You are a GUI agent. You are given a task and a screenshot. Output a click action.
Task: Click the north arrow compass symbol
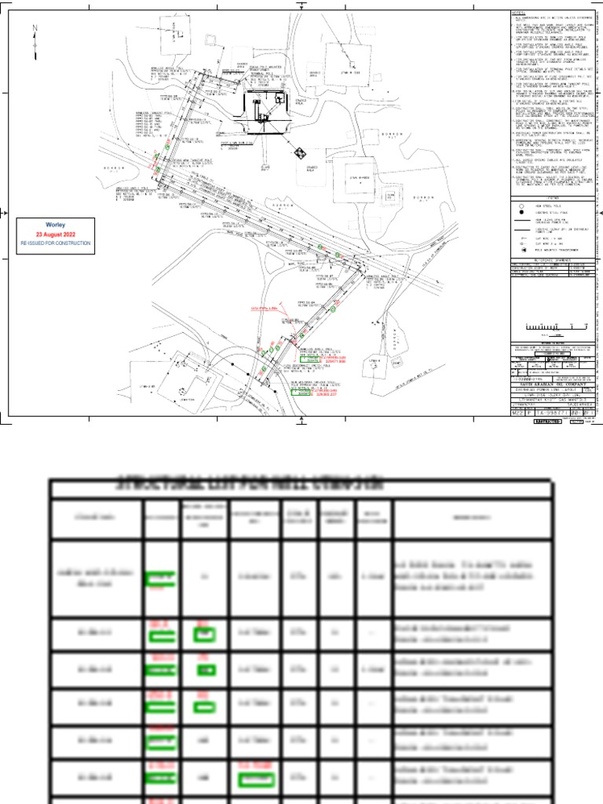pos(35,41)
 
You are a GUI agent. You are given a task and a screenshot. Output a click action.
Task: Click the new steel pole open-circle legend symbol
pos(521,206)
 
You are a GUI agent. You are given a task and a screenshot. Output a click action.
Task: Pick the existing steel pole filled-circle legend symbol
pos(521,213)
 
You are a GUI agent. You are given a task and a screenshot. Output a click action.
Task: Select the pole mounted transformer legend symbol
pos(521,248)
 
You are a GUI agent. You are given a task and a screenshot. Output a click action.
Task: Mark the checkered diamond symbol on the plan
pos(300,152)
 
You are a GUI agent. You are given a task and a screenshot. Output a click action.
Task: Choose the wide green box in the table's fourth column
pos(255,780)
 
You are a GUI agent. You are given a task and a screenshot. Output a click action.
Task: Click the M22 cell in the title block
pos(516,411)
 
